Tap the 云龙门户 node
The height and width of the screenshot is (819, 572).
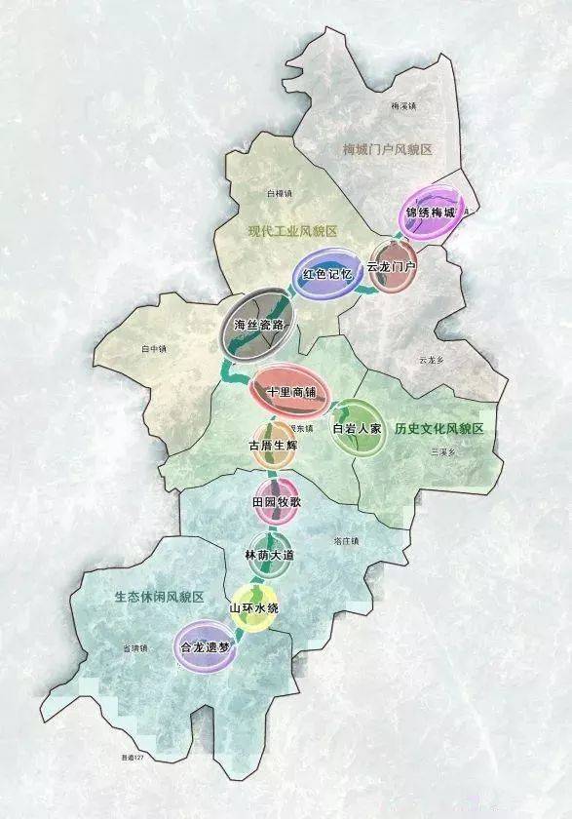pos(393,266)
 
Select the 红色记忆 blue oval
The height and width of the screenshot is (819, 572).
pos(325,276)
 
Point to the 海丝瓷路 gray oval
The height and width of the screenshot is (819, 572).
pos(258,325)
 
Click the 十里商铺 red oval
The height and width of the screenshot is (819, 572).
pos(291,391)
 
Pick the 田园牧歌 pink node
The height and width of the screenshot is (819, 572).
pos(276,501)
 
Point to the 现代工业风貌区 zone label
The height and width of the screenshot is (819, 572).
pos(291,230)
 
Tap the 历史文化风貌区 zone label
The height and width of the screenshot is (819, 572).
pos(439,429)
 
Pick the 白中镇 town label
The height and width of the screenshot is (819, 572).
pos(155,348)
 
